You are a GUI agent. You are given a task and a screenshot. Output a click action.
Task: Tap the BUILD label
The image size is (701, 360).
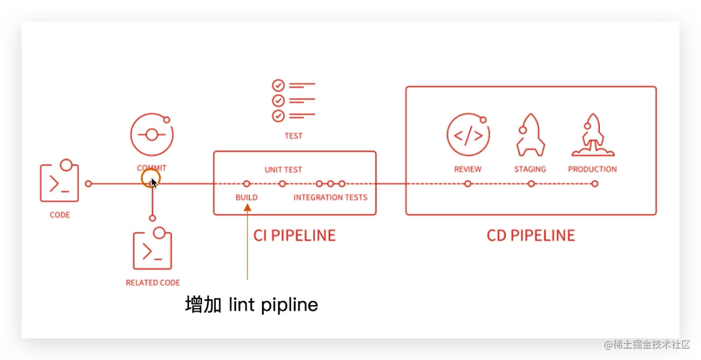click(246, 197)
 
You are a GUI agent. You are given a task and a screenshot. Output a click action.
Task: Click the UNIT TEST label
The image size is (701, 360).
click(283, 170)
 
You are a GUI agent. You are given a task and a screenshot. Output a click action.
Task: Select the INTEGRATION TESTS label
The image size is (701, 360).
click(331, 197)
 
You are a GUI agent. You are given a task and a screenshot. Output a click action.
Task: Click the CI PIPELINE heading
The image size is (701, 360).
click(294, 236)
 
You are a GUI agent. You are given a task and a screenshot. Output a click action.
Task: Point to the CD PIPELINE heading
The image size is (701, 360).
click(531, 236)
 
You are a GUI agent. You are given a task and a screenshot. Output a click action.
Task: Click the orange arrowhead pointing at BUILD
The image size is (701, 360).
click(248, 207)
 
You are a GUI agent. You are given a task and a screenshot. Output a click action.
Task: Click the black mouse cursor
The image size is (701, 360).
click(154, 183)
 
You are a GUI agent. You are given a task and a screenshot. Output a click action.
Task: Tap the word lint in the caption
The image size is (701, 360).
click(242, 304)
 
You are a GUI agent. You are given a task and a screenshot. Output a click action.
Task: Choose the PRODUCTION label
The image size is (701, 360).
click(593, 169)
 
